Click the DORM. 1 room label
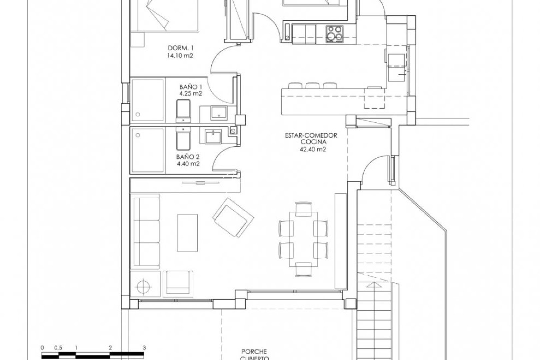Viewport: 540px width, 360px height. pos(180,48)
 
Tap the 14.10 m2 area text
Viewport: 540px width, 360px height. pos(180,56)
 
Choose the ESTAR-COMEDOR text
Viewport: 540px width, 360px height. pos(311,135)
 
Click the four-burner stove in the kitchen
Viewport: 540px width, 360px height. pos(334,33)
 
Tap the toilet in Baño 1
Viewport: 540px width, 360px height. pos(183,111)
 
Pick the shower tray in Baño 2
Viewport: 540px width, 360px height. pos(147,150)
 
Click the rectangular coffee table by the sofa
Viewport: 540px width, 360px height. pos(187,233)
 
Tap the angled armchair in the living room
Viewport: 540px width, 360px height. pos(233,218)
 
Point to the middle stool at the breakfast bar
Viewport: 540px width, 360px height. pos(312,86)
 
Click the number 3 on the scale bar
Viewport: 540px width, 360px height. pos(144,347)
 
